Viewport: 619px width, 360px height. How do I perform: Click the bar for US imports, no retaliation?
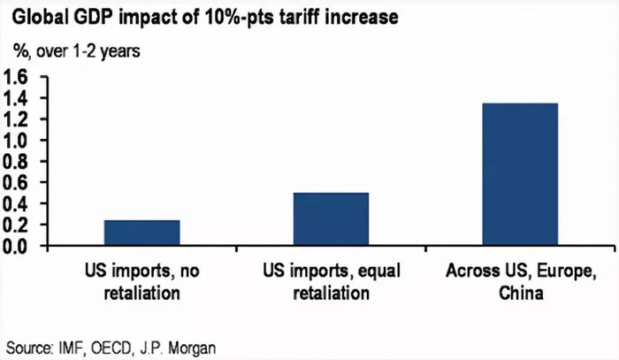[x=141, y=232]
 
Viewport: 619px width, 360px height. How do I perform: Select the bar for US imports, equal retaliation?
[x=331, y=218]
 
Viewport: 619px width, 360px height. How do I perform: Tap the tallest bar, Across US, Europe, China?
[x=519, y=174]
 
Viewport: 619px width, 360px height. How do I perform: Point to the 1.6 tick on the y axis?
[x=20, y=78]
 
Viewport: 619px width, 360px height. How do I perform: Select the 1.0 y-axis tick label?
[x=20, y=141]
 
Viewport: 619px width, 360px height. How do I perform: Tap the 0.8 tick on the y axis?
[x=20, y=162]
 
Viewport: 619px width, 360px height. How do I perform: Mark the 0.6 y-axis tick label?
[x=20, y=183]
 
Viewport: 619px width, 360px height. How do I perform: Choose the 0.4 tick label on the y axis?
[x=20, y=204]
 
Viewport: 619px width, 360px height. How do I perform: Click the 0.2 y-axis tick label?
[x=20, y=225]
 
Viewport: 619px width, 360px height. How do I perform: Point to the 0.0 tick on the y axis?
[x=20, y=245]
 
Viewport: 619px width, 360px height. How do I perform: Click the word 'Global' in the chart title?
[x=35, y=17]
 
